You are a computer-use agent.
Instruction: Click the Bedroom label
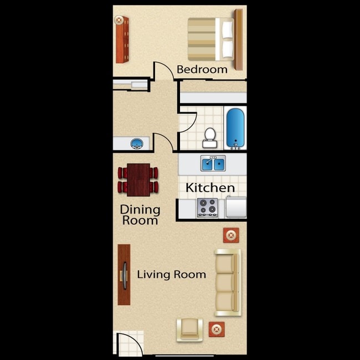pos(202,69)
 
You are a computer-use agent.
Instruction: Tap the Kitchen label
pos(210,188)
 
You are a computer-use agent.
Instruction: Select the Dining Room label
pos(140,215)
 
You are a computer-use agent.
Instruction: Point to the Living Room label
pos(172,274)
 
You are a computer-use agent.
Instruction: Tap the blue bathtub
pos(235,128)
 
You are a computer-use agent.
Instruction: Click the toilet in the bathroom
pos(210,137)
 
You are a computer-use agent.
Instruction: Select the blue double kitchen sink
pos(212,164)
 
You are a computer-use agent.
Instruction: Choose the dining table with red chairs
pos(138,179)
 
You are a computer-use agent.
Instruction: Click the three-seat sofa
pos(227,282)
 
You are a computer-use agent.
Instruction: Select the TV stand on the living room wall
pos(124,275)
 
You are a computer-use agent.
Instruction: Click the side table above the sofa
pos(231,235)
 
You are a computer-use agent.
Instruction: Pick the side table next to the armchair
pos(217,330)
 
